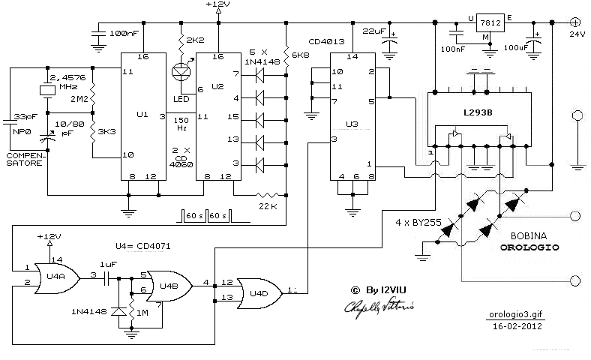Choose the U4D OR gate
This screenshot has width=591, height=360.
click(x=258, y=291)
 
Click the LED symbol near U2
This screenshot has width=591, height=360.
click(x=181, y=73)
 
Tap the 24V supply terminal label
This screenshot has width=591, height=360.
click(x=577, y=34)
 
